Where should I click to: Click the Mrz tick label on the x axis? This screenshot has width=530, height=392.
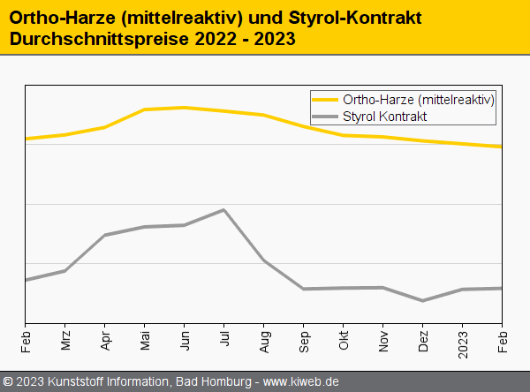click(x=65, y=340)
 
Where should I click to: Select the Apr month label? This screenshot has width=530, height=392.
click(x=105, y=339)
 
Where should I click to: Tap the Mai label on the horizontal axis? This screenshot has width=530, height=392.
click(x=145, y=339)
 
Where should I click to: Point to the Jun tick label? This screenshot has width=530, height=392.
click(x=185, y=339)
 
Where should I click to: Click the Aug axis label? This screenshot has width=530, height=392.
click(x=264, y=340)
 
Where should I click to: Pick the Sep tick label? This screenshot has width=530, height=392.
click(x=304, y=340)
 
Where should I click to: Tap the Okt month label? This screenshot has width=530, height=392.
click(x=344, y=339)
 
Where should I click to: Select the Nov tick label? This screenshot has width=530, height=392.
click(x=383, y=340)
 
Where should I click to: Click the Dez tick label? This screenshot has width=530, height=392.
click(x=423, y=340)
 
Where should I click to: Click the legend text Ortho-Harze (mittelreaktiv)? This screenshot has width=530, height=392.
click(x=419, y=100)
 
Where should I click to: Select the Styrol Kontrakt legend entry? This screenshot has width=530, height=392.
click(x=385, y=116)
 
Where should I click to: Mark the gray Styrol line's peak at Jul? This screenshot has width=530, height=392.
click(x=224, y=210)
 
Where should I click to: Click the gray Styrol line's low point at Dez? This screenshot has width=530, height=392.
click(x=423, y=300)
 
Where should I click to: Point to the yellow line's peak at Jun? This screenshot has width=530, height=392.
click(x=185, y=108)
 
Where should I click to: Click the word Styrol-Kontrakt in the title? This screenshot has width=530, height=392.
click(x=354, y=18)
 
